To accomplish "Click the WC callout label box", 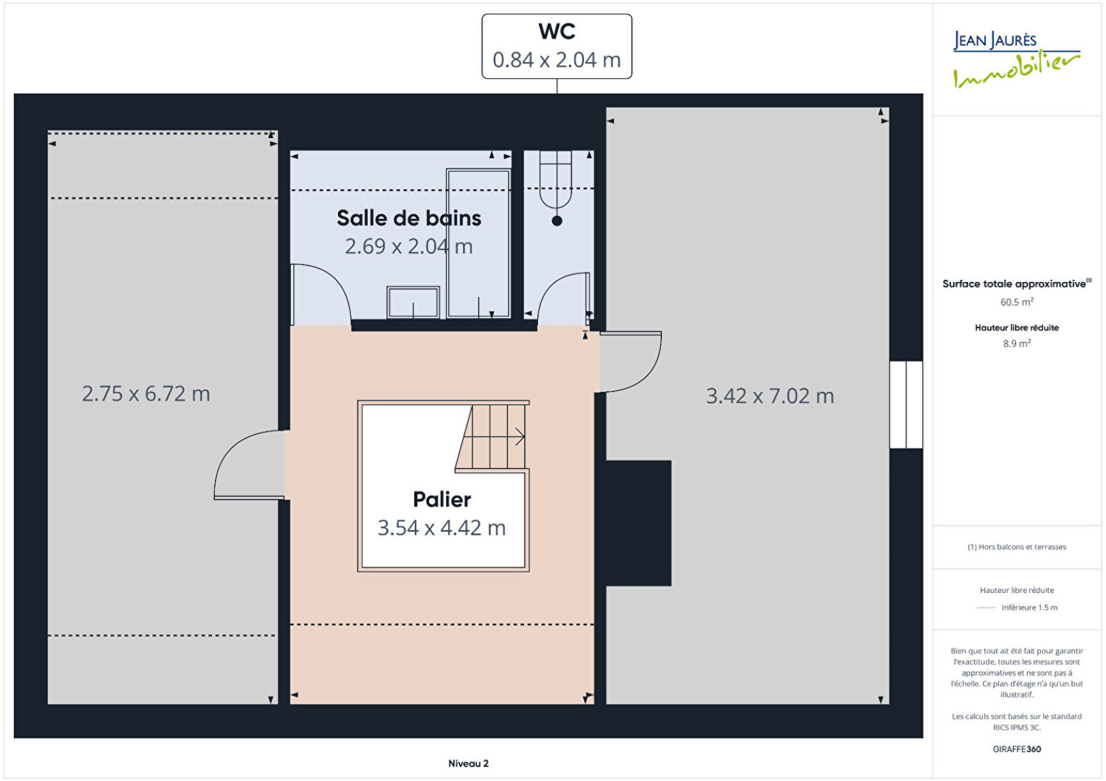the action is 556,46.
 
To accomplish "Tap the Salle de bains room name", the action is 409,218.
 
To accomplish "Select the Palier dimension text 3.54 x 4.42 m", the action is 442,528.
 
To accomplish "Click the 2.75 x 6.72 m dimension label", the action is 146,393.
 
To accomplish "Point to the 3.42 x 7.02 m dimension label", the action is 770,396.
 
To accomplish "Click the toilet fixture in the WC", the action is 556,180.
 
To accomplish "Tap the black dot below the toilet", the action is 557,220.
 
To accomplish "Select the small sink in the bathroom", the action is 413,302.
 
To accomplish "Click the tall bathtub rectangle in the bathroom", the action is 478,243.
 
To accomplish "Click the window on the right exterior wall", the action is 906,405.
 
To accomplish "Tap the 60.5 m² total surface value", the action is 1017,301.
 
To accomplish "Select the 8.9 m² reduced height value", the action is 1017,343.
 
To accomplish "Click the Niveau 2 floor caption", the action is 468,763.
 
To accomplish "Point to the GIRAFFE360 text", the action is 1017,749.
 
